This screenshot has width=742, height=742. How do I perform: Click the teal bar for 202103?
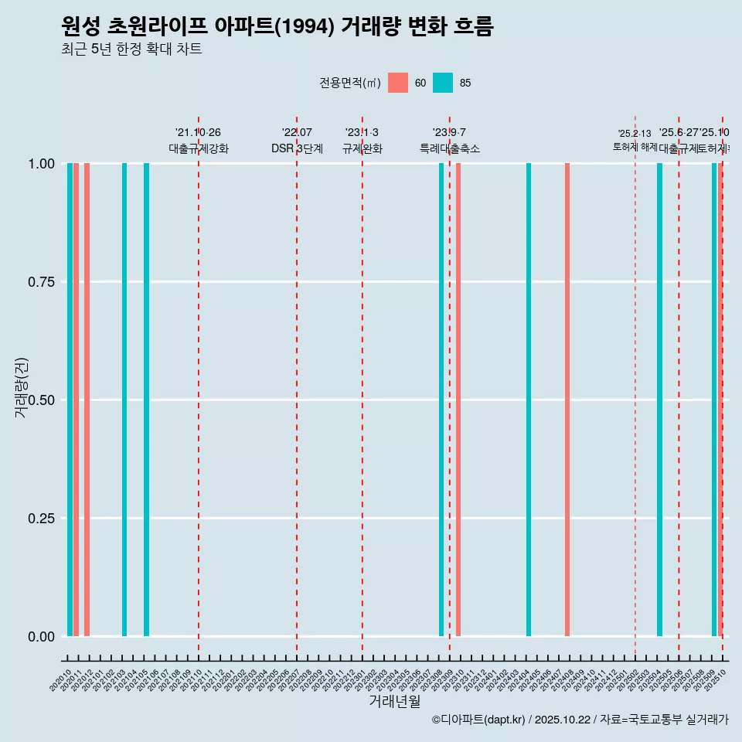coord(124,400)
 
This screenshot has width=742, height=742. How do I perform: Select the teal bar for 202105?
coord(146,400)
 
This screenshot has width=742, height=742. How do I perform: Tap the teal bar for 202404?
coord(529,400)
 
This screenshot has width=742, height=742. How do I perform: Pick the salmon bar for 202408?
coord(567,400)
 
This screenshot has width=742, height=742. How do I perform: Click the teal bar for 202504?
coord(659,400)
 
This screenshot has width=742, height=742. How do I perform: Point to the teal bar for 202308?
coord(441,400)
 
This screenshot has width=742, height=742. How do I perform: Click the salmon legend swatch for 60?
coord(398,83)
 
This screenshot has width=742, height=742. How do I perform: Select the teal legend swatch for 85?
coord(443,83)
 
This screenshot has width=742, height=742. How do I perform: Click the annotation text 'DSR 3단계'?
coord(297,148)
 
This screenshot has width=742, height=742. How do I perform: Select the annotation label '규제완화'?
coord(362,148)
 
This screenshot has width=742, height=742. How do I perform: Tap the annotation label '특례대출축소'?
coord(450,148)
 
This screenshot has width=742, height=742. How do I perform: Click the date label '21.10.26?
coord(198,133)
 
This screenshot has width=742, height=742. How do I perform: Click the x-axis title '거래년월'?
coord(394,701)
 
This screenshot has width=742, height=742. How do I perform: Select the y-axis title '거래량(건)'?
coord(22,388)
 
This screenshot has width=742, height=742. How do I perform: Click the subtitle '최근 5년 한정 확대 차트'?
coord(131,49)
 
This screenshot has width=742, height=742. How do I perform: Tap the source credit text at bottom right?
coord(580,720)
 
